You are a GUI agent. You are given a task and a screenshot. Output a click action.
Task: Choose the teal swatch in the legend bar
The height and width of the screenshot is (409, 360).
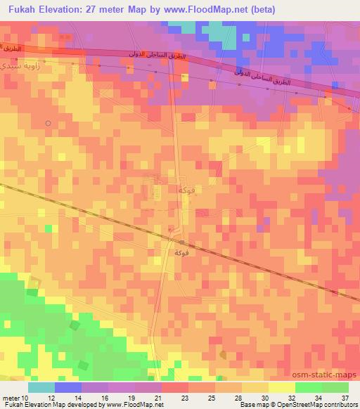tap(41, 387)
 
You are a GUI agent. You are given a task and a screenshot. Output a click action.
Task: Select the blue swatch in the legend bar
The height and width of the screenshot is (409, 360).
tap(68, 387)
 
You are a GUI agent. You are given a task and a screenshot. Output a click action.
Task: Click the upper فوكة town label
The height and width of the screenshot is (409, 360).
tap(186, 190)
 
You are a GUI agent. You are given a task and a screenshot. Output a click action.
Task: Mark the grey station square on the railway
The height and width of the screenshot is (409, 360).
tap(181, 242)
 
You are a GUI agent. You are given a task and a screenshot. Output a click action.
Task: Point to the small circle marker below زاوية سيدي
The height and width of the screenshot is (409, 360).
tap(48, 123)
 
